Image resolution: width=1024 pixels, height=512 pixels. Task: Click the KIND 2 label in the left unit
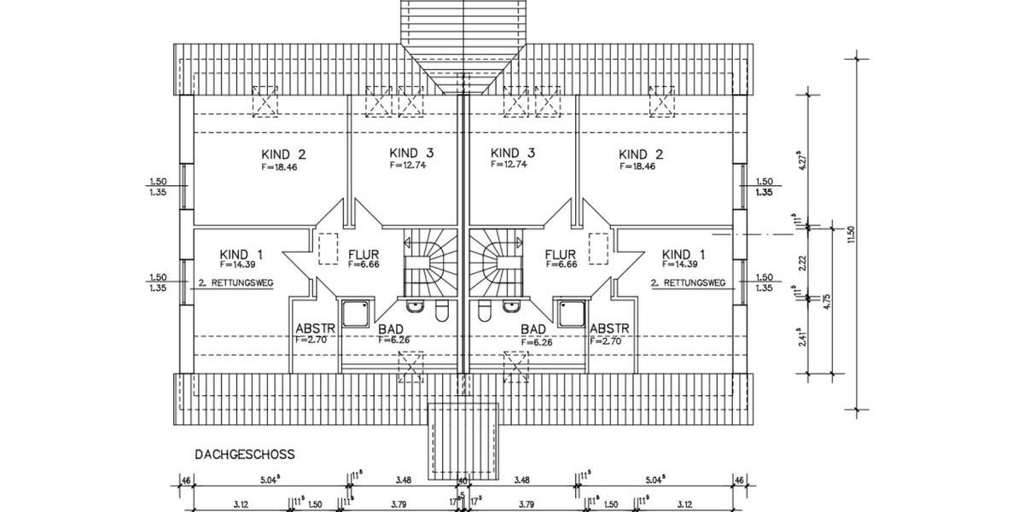click(x=283, y=154)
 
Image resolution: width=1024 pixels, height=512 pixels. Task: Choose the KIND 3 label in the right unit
click(x=514, y=153)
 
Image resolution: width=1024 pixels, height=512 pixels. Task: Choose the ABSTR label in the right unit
click(x=609, y=329)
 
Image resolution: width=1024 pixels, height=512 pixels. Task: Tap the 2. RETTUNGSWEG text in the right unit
click(x=688, y=282)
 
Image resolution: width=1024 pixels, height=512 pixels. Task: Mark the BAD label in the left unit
click(x=388, y=329)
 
